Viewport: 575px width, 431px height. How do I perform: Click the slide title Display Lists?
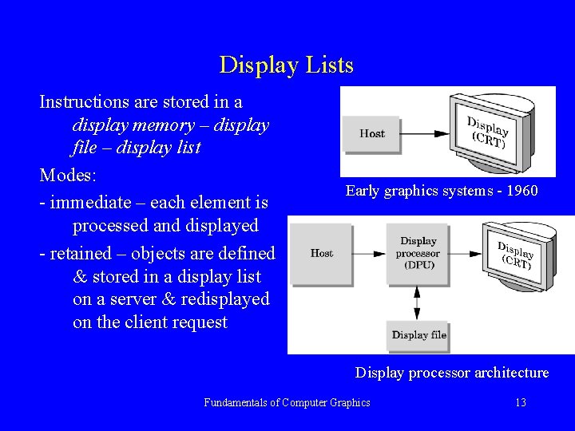click(x=286, y=65)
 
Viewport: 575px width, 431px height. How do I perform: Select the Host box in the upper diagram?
click(x=371, y=134)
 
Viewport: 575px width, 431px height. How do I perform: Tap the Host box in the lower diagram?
click(x=321, y=254)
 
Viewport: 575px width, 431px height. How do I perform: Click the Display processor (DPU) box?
click(x=418, y=253)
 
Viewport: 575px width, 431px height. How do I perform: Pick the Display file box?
click(x=418, y=335)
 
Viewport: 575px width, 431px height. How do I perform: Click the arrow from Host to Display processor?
click(x=369, y=254)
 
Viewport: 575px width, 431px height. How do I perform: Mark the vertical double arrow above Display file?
click(x=417, y=302)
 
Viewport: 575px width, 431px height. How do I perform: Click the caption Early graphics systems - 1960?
click(x=442, y=191)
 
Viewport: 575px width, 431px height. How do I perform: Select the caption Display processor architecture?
click(x=452, y=373)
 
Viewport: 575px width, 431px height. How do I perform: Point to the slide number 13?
click(x=520, y=403)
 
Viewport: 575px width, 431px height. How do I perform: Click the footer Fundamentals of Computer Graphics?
click(x=287, y=403)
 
